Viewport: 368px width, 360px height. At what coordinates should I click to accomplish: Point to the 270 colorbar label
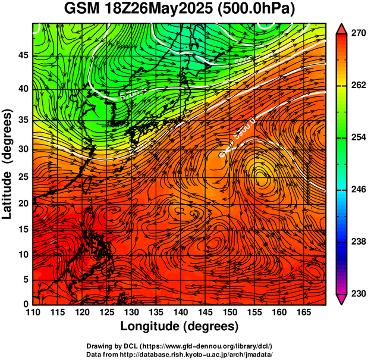358,33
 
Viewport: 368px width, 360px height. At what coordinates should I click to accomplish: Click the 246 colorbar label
358,190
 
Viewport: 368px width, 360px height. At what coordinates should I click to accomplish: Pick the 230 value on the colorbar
358,294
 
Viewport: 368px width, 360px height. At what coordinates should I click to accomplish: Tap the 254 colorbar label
358,137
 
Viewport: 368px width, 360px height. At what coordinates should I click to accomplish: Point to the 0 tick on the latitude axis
26,304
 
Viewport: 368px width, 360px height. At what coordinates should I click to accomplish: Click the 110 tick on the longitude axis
33,312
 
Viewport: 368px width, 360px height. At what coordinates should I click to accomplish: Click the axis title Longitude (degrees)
180,326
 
